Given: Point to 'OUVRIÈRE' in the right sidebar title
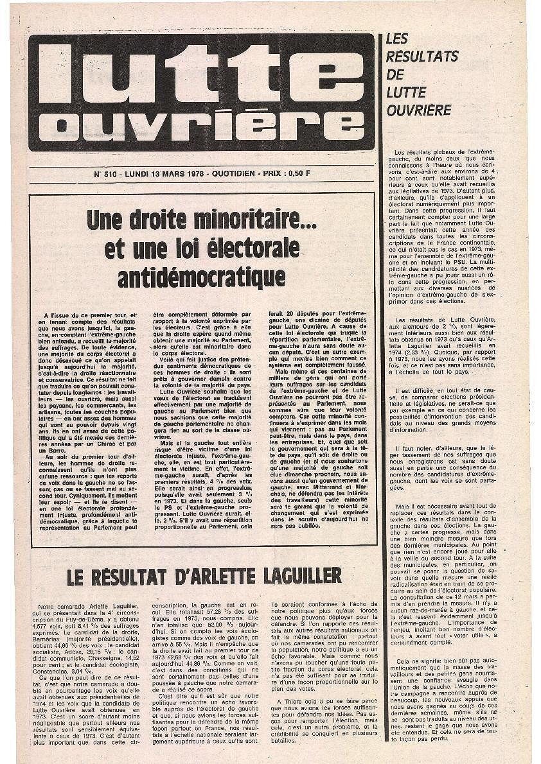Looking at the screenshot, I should tap(419, 110).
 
